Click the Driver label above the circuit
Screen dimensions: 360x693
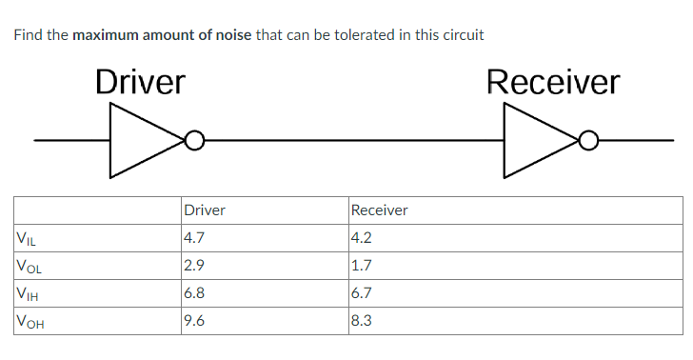[140, 82]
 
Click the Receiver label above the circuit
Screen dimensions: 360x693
[552, 82]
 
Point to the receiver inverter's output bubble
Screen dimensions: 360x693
[589, 141]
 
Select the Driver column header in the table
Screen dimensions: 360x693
[204, 210]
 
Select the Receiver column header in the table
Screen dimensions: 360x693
[379, 210]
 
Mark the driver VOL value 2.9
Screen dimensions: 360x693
[194, 266]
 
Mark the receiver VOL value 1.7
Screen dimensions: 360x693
[362, 266]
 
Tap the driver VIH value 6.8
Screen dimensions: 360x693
[194, 293]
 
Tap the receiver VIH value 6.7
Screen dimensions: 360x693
[362, 293]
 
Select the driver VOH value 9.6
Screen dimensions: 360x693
[194, 321]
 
